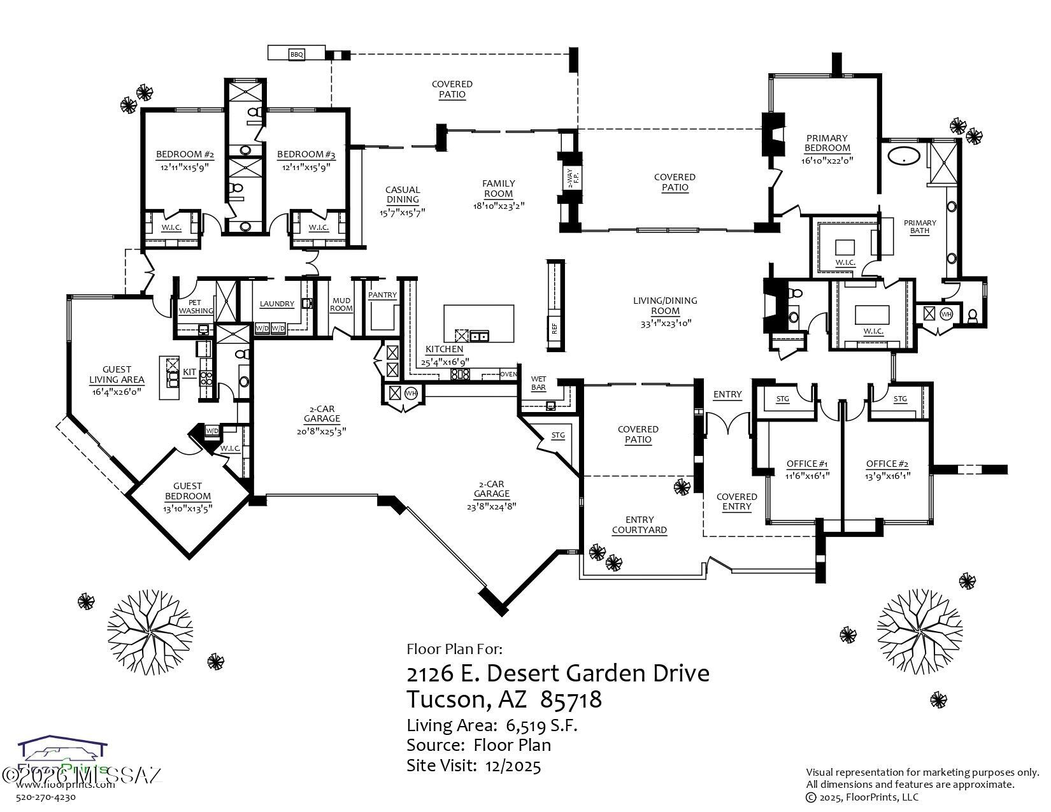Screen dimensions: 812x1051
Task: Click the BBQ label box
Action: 297,55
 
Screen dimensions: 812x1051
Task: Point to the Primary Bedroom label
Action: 827,143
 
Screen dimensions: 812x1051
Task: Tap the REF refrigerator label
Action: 554,328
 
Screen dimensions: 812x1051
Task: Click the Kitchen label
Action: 444,350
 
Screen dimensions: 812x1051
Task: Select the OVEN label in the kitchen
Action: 508,374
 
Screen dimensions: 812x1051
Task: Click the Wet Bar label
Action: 538,383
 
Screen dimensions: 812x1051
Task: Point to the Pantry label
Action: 382,295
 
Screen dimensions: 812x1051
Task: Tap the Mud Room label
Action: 341,304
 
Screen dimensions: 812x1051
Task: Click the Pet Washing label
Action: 196,307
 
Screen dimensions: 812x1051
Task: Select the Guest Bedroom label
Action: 187,491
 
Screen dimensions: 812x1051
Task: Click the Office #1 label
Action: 806,464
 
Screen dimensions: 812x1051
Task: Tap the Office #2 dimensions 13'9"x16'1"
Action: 887,475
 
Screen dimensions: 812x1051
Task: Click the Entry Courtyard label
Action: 639,525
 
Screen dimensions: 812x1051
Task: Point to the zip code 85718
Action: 571,700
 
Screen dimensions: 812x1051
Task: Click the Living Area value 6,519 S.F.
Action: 541,725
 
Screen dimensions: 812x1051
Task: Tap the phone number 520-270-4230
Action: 46,797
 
